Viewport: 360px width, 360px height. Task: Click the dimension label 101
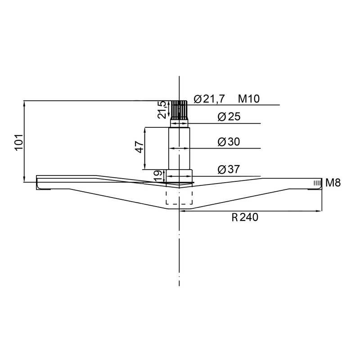click(19, 142)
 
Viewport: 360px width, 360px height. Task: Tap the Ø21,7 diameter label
click(209, 99)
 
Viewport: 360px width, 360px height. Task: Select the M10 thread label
click(249, 99)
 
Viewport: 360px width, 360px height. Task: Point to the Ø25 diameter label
click(229, 117)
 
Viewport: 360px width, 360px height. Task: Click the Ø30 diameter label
click(229, 142)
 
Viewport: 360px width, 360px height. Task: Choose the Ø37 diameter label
click(229, 170)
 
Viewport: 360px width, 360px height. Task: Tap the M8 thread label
click(333, 183)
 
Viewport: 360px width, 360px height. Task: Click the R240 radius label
click(245, 217)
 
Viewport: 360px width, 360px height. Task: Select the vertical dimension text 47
click(139, 147)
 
